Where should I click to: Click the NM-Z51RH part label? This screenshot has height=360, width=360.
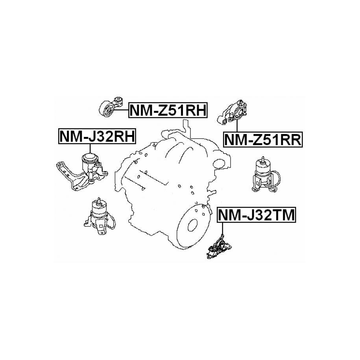[168, 110]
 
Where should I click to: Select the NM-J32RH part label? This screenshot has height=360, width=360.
[97, 136]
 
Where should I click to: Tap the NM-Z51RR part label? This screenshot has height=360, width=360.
[263, 139]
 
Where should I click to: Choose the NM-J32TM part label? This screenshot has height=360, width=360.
[257, 215]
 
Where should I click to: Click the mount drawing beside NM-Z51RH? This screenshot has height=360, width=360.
[112, 107]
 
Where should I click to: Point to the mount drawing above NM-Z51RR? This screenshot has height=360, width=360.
[233, 113]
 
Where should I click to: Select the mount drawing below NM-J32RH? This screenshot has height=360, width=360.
[82, 171]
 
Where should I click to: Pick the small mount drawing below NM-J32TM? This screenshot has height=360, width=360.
[220, 247]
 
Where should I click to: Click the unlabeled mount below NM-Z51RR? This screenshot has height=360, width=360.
[266, 174]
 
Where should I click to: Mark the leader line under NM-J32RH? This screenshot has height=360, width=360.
[90, 149]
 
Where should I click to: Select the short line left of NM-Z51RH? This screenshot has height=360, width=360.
[121, 110]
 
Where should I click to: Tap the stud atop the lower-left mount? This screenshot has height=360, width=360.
[99, 200]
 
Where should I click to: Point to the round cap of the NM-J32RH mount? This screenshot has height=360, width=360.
[90, 158]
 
